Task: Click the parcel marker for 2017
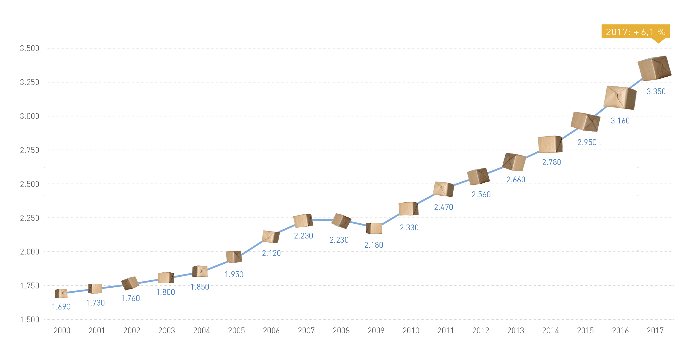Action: (x=654, y=68)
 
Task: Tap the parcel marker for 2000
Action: (x=61, y=293)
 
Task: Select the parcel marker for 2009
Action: (x=374, y=228)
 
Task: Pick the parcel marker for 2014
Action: (x=550, y=144)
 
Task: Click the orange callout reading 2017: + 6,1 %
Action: (x=636, y=31)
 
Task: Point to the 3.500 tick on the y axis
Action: (x=29, y=48)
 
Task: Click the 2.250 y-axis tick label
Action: (x=29, y=218)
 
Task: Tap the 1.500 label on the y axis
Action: (x=29, y=320)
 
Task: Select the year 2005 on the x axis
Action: (x=236, y=331)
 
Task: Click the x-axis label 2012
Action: (x=481, y=331)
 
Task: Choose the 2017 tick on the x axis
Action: (x=655, y=331)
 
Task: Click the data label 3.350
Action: (x=656, y=91)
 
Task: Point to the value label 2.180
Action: (x=374, y=245)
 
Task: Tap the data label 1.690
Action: (x=61, y=307)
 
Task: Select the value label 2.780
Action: (x=551, y=162)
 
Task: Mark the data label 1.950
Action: (x=234, y=274)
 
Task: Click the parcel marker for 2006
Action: (x=271, y=237)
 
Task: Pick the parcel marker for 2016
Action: (x=620, y=97)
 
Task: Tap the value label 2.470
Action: (x=444, y=207)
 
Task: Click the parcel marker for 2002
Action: (x=130, y=283)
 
